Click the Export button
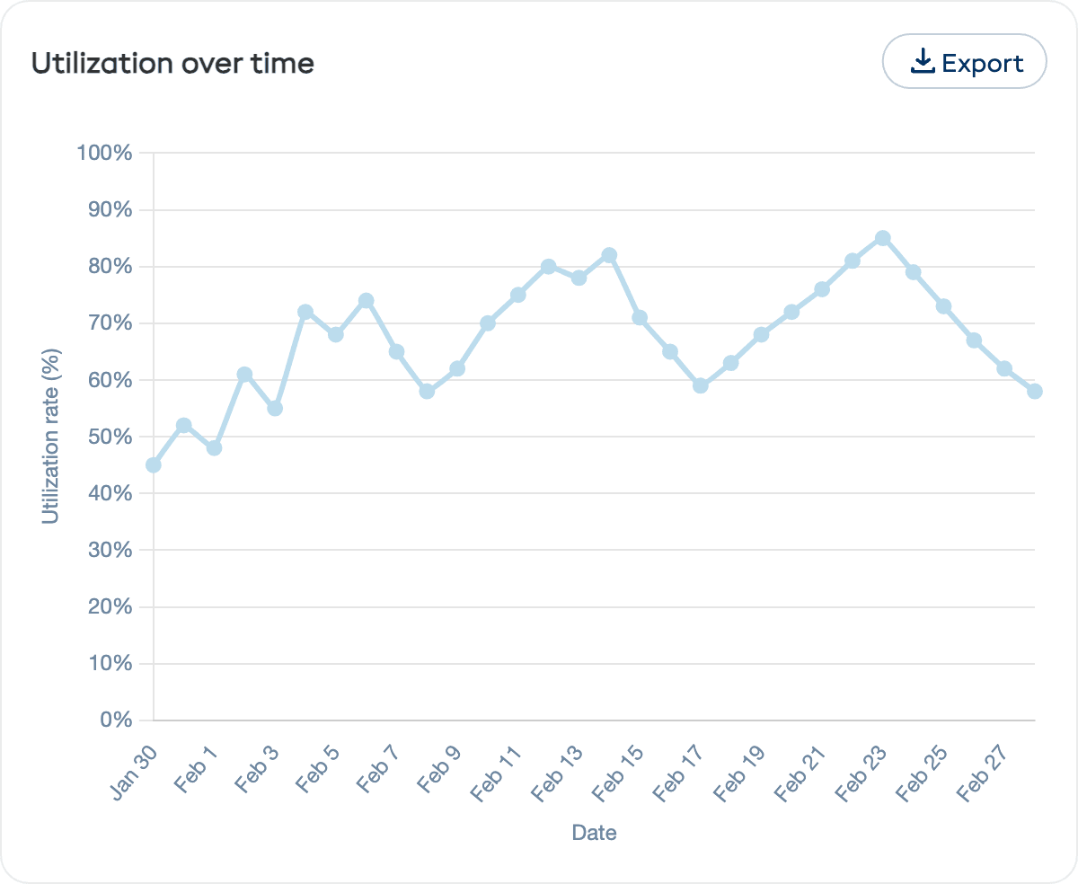tap(965, 62)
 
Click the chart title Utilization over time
tap(172, 63)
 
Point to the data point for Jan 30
tap(154, 464)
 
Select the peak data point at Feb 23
tap(883, 238)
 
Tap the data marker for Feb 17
tap(701, 385)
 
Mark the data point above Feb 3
tap(275, 408)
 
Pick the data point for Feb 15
tap(640, 317)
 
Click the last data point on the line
tap(1035, 391)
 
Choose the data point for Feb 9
tap(457, 368)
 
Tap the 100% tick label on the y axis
tap(104, 154)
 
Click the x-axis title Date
tap(594, 833)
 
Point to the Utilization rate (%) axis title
tap(51, 437)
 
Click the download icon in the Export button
tap(923, 62)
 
